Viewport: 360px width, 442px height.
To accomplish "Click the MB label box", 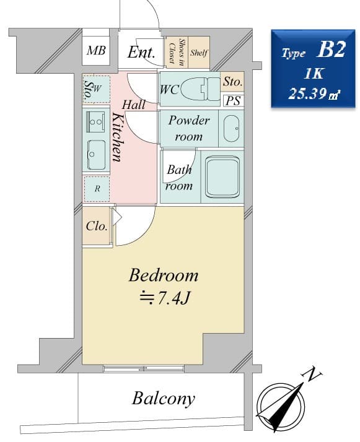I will [x=96, y=51].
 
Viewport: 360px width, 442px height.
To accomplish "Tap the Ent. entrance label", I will [x=141, y=52].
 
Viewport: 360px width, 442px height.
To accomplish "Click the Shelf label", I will [x=199, y=53].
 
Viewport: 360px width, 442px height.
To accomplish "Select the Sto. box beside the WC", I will [x=233, y=82].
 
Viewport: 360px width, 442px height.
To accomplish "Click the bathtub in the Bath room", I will [x=222, y=177].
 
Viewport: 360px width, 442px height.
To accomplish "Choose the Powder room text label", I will [x=189, y=128].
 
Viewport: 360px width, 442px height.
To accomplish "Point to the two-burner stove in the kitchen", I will [x=96, y=122].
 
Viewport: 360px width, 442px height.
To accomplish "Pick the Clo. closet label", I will [x=97, y=227].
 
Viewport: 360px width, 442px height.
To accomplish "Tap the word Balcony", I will [x=163, y=398].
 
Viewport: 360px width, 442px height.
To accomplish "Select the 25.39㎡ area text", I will [x=313, y=95].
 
